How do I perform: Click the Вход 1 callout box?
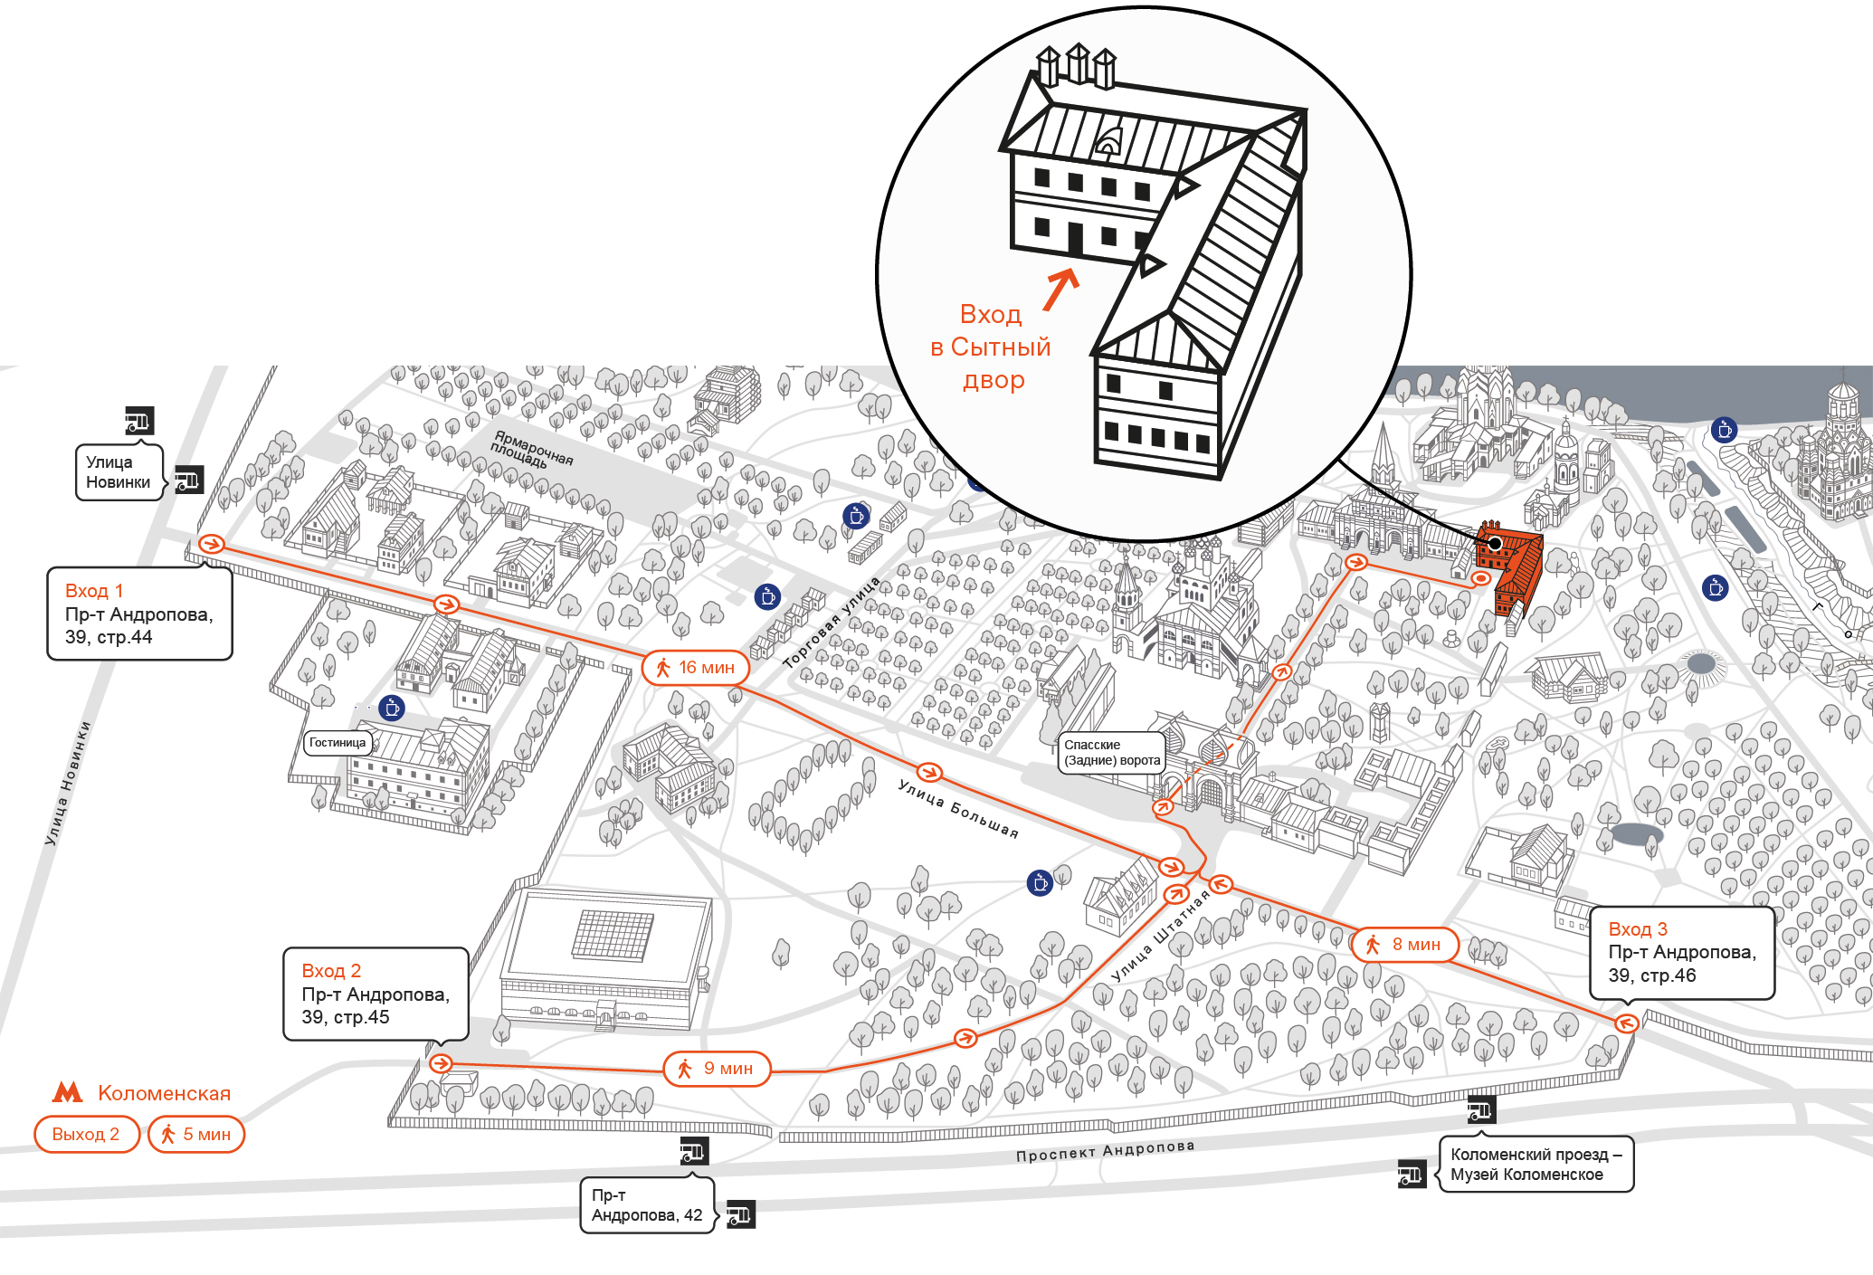click(x=139, y=614)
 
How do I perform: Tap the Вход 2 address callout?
click(x=376, y=994)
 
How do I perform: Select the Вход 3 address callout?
click(x=1682, y=952)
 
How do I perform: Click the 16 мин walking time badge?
click(x=696, y=668)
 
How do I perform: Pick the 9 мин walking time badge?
click(x=718, y=1069)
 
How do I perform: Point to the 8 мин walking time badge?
click(x=1405, y=945)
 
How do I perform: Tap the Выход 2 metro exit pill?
click(x=87, y=1135)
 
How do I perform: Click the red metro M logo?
click(x=68, y=1092)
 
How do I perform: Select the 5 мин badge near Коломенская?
click(x=196, y=1135)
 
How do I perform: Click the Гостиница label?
click(x=338, y=743)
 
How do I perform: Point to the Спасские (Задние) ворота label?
click(x=1111, y=753)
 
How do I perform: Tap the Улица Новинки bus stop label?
click(x=119, y=472)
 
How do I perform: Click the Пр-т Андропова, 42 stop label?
click(x=647, y=1205)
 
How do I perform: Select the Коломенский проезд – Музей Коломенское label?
click(x=1535, y=1165)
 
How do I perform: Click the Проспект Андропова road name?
click(x=1105, y=1151)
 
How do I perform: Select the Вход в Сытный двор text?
click(x=991, y=347)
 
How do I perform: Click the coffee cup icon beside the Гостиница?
click(x=392, y=708)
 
